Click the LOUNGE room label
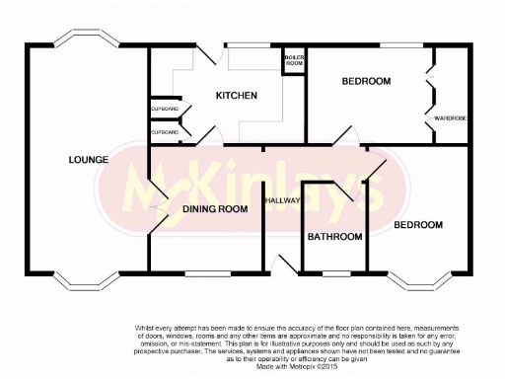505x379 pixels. pyautogui.click(x=88, y=158)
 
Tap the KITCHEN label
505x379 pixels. pyautogui.click(x=237, y=96)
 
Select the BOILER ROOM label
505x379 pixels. pyautogui.click(x=295, y=61)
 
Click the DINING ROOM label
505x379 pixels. pyautogui.click(x=214, y=209)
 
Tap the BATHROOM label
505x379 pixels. pyautogui.click(x=334, y=237)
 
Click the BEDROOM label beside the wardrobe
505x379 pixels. pyautogui.click(x=366, y=81)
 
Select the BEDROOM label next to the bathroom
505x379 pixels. pyautogui.click(x=418, y=225)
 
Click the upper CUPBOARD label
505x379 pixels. pyautogui.click(x=165, y=108)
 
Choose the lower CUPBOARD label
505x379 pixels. pyautogui.click(x=165, y=131)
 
